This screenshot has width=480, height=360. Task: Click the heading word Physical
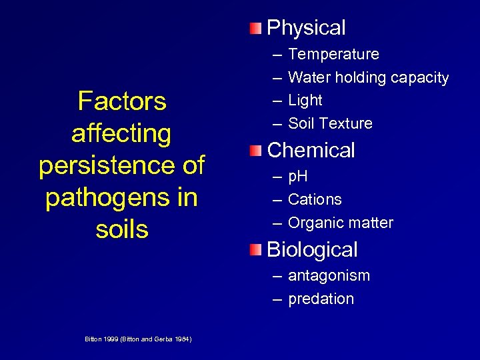pos(306,28)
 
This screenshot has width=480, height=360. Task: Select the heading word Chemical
pos(311,150)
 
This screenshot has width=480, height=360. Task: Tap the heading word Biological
pos(312,250)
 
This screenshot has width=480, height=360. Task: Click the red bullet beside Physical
pos(257,28)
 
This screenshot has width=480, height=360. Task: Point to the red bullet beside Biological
pos(257,250)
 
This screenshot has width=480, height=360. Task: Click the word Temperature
pos(333,54)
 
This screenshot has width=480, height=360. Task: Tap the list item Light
pos(305,101)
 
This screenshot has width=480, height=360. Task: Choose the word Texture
pos(349,123)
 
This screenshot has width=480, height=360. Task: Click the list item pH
pos(297,177)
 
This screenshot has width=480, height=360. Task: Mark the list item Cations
pos(315,199)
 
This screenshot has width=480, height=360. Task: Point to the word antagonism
pos(329,276)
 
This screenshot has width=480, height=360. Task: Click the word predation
pos(321,299)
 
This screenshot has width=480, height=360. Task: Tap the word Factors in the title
pos(122,101)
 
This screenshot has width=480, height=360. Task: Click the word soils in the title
pos(122,229)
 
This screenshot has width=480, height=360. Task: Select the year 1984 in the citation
pos(182,339)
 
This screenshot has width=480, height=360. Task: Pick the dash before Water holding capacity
pos(276,78)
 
